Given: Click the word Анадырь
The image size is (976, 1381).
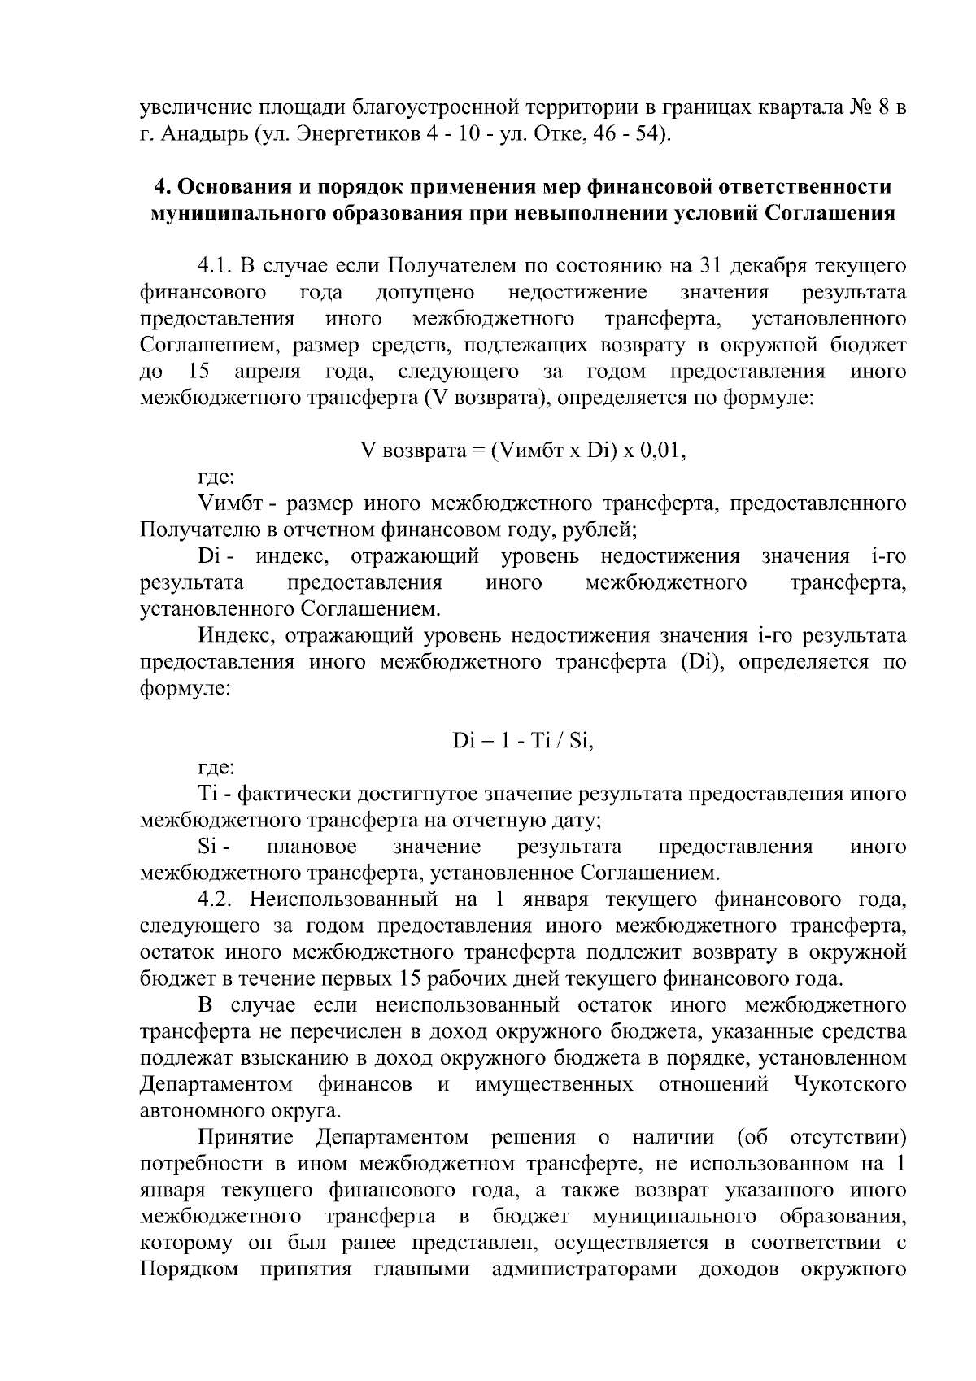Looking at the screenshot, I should (x=202, y=133).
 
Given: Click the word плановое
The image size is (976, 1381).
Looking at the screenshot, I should (x=312, y=847).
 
